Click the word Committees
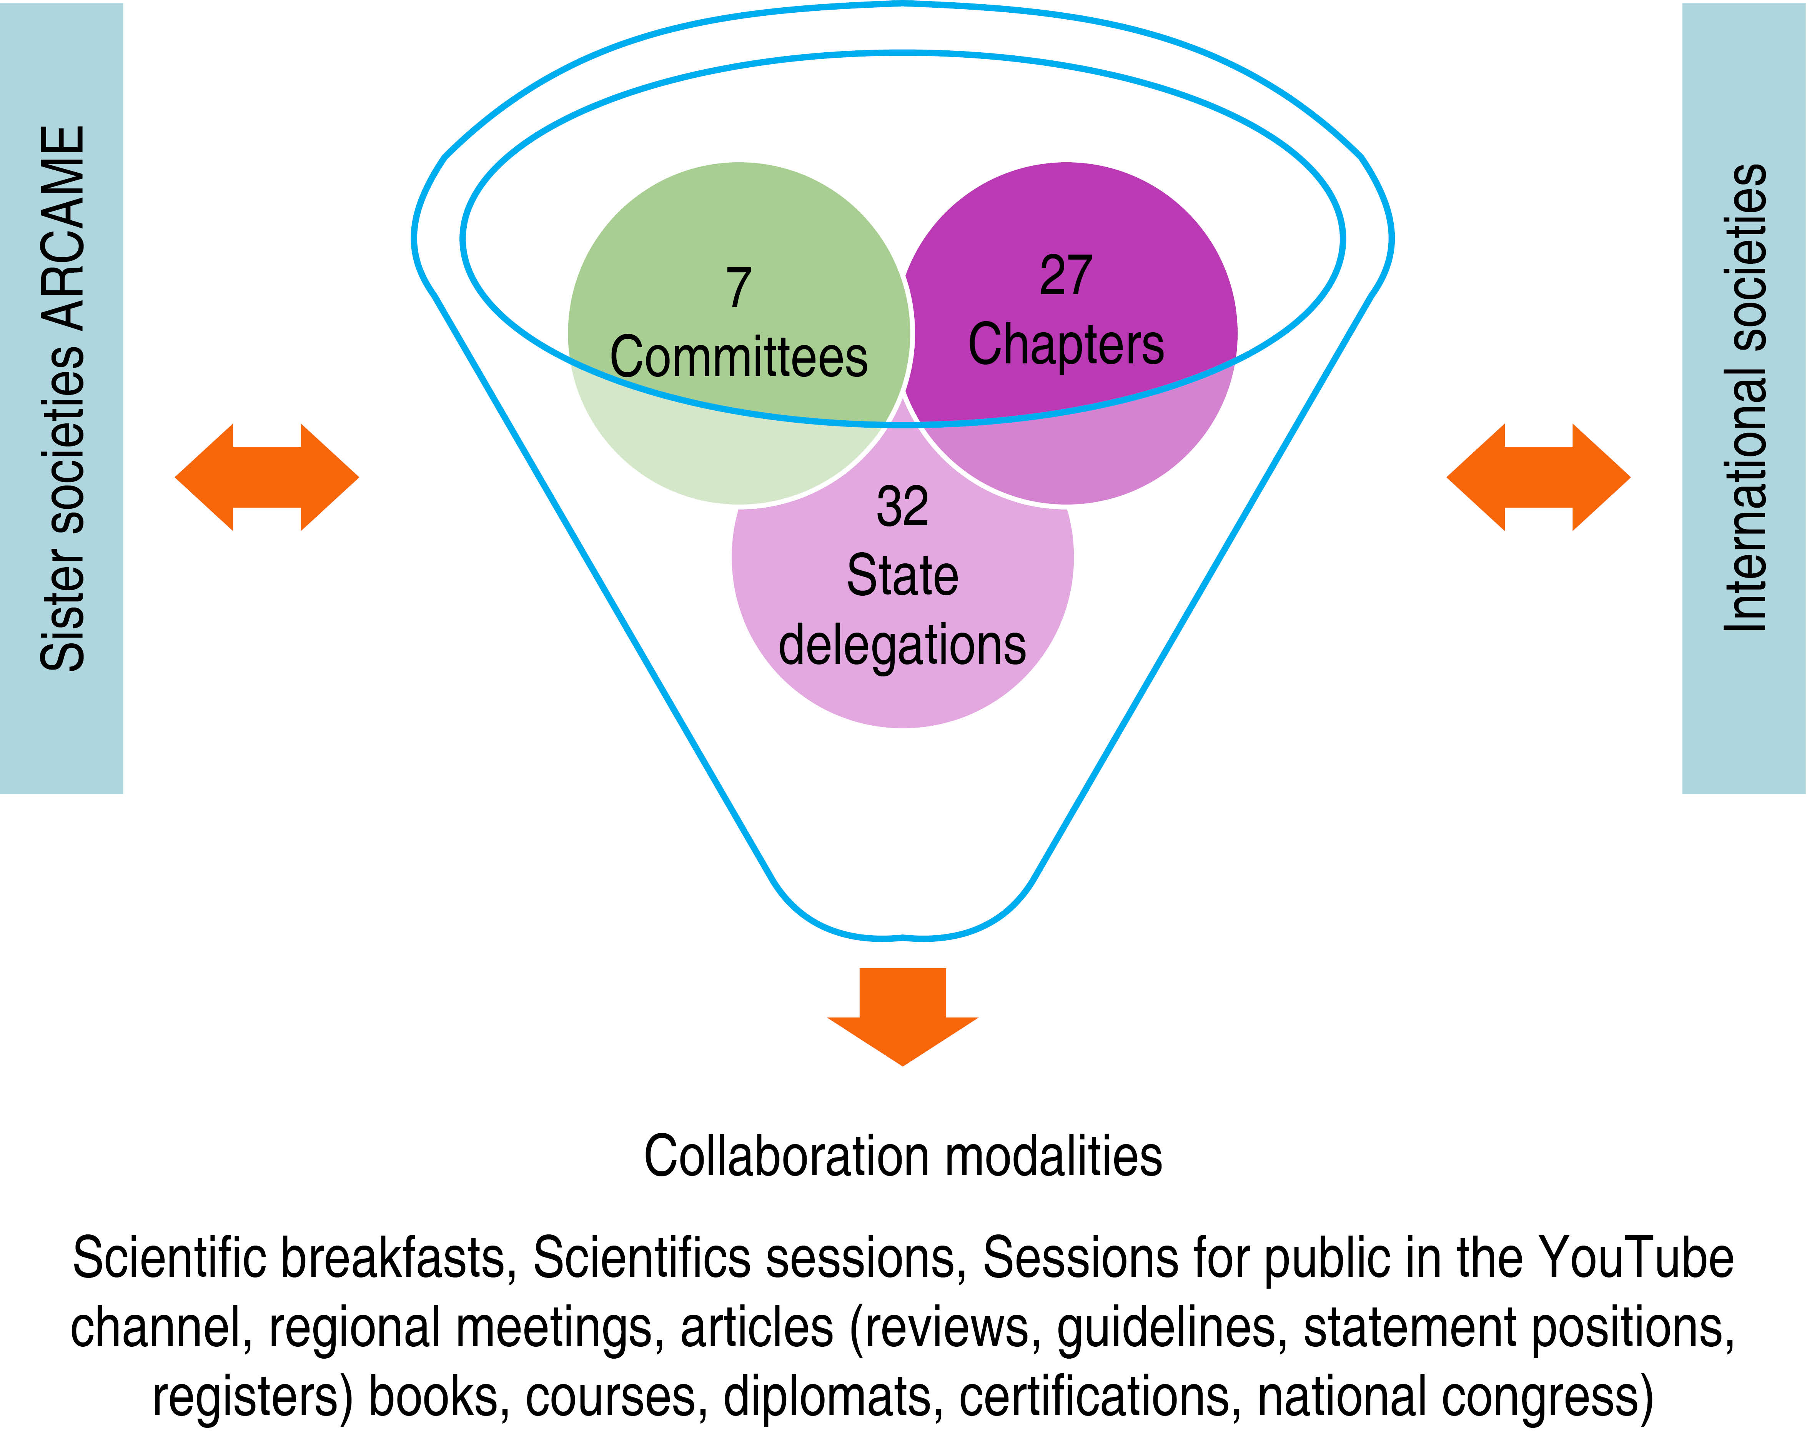click(739, 358)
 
